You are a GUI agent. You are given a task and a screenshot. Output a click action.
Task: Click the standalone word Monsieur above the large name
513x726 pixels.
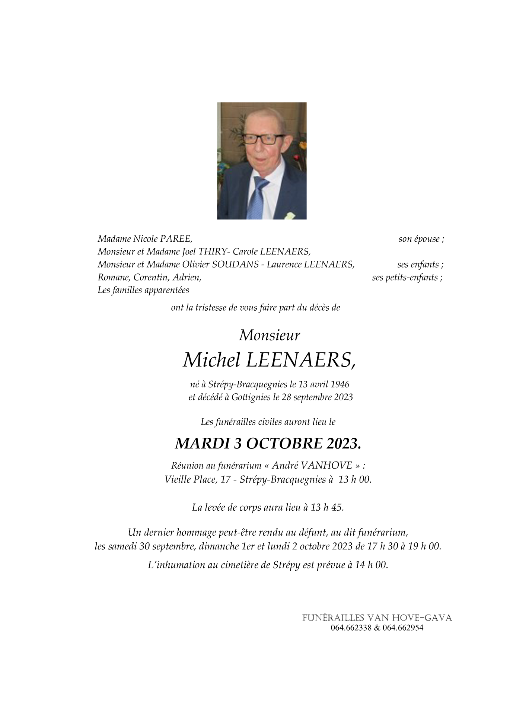[269, 335]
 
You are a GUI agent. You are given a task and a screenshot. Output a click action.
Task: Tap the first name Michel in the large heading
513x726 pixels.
[211, 360]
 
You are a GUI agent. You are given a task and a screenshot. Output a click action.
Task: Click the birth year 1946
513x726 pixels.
[340, 384]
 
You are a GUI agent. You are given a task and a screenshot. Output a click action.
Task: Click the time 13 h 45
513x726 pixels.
[327, 507]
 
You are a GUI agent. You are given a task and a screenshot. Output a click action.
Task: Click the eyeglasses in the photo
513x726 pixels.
[262, 139]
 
